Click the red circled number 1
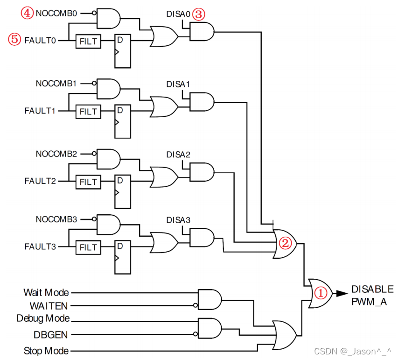coord(321,293)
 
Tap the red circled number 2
coord(285,243)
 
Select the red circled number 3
coord(198,14)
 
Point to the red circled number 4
coord(27,13)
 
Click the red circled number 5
coord(14,39)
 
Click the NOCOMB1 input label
coord(56,83)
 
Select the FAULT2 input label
coord(40,181)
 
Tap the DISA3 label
coord(178,220)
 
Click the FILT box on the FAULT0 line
coord(88,41)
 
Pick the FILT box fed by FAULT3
coord(88,247)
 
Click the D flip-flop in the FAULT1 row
coord(123,121)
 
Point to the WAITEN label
coord(49,306)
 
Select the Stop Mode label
coord(46,351)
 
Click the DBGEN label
coord(51,335)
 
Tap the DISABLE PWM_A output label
coord(372,296)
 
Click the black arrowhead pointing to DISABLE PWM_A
coord(342,293)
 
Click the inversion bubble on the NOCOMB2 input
coord(94,154)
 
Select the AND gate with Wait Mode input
coord(209,299)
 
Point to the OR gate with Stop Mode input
coord(284,335)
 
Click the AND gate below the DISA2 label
coord(202,172)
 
